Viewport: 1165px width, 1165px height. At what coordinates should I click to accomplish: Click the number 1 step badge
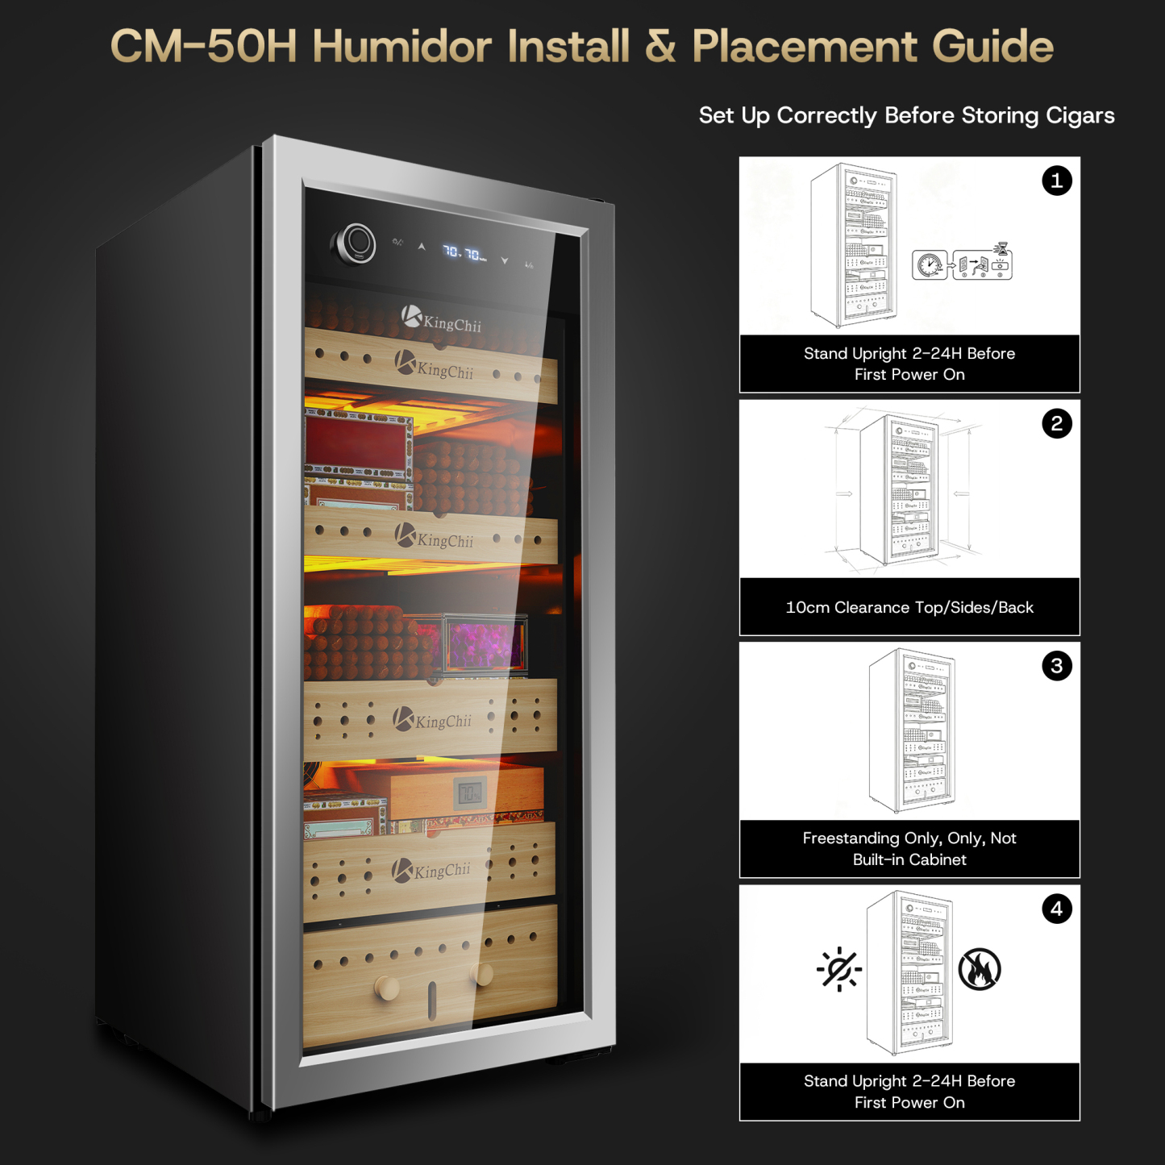click(x=1056, y=181)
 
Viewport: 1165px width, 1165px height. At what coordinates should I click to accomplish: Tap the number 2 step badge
click(x=1056, y=423)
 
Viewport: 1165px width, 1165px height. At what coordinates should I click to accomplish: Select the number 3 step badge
click(x=1056, y=666)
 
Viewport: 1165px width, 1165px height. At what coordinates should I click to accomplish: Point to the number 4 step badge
click(x=1056, y=909)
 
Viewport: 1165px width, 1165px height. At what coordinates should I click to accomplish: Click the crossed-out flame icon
click(x=980, y=968)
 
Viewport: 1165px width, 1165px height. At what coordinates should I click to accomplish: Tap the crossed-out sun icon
click(x=839, y=969)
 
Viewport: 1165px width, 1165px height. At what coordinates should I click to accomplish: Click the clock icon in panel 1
click(x=930, y=264)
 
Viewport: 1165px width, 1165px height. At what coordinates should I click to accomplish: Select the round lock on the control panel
click(x=355, y=244)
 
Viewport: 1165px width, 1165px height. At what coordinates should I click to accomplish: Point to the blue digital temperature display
click(x=464, y=252)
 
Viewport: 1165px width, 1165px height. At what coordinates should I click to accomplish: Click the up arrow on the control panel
click(x=422, y=247)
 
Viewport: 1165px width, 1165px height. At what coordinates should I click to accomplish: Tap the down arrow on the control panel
click(x=504, y=260)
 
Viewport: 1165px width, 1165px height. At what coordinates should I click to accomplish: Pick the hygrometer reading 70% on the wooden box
click(x=470, y=793)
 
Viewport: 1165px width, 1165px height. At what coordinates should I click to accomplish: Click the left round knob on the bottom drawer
click(x=387, y=988)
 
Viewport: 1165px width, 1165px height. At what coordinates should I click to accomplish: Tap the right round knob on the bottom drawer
click(x=482, y=975)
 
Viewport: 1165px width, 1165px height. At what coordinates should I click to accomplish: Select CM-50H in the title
click(x=204, y=47)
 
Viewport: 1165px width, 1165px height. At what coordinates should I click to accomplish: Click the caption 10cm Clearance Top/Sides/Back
click(x=909, y=607)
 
